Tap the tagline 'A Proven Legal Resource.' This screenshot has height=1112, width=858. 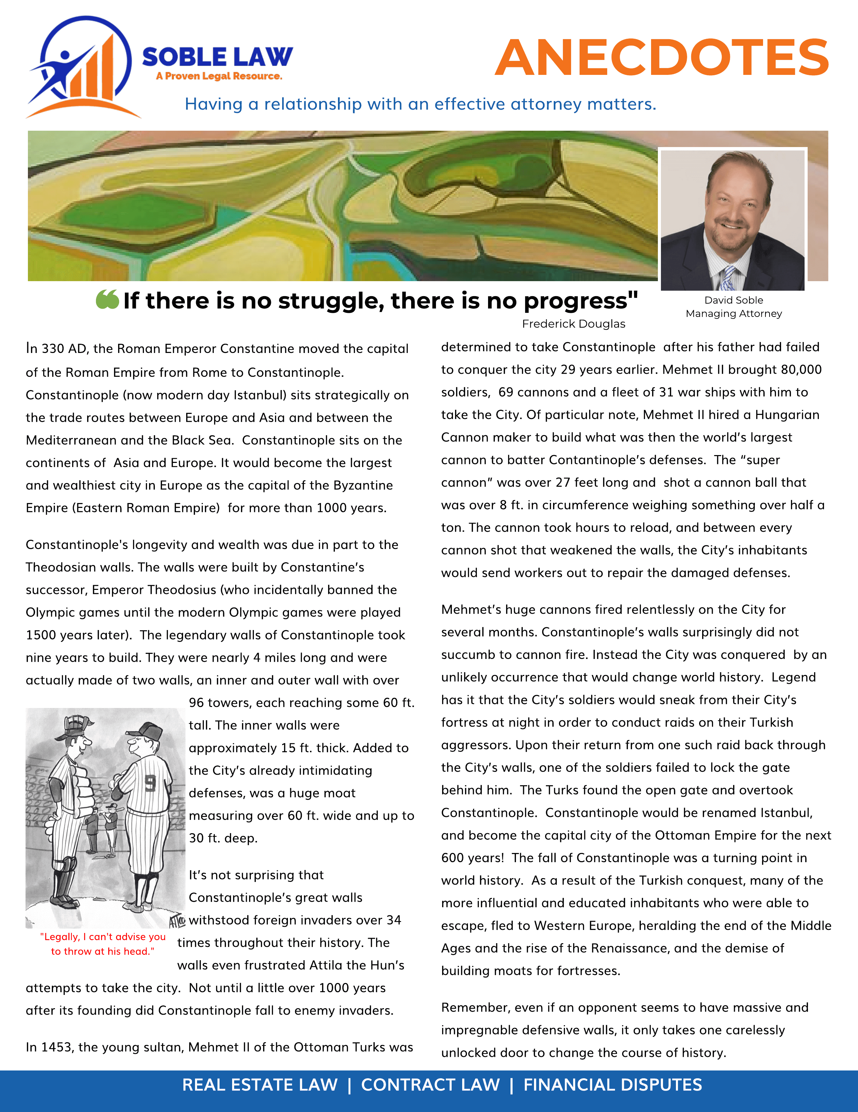pos(219,76)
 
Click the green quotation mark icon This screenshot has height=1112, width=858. pos(107,300)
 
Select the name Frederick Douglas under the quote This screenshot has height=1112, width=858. pos(573,324)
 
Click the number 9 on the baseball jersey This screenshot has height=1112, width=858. pos(150,783)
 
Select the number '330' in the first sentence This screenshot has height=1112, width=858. pos(53,349)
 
